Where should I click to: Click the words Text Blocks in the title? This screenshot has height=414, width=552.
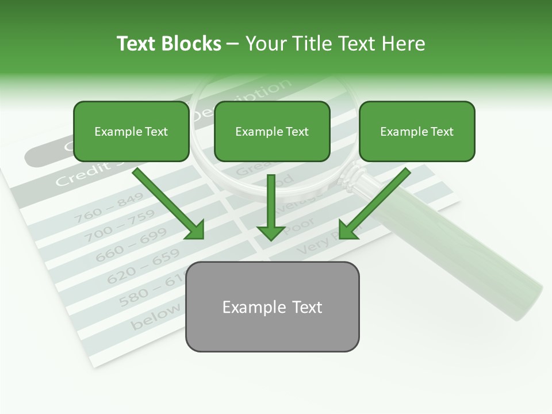tap(168, 44)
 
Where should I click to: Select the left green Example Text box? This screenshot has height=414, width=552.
tap(131, 132)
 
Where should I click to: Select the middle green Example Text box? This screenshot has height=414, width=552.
tap(272, 132)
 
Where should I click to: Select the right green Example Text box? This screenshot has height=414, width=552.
tap(417, 132)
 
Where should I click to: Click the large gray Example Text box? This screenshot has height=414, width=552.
tap(272, 307)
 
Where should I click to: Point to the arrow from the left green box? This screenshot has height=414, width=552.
tap(170, 204)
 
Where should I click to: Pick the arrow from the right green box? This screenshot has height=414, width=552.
tap(373, 204)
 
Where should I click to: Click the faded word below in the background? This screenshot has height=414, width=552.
tap(155, 318)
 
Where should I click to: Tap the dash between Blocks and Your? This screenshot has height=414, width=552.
tap(233, 44)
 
